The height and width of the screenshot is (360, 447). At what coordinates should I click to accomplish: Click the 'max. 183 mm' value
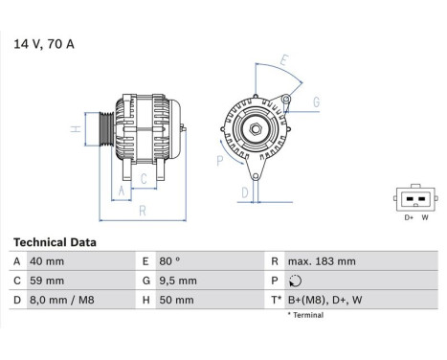(322, 261)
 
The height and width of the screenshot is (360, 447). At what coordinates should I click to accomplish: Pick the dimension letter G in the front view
(316, 101)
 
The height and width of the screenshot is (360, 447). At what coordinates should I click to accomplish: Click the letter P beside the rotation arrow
(219, 162)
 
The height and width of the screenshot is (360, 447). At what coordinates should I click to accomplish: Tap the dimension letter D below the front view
(245, 192)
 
